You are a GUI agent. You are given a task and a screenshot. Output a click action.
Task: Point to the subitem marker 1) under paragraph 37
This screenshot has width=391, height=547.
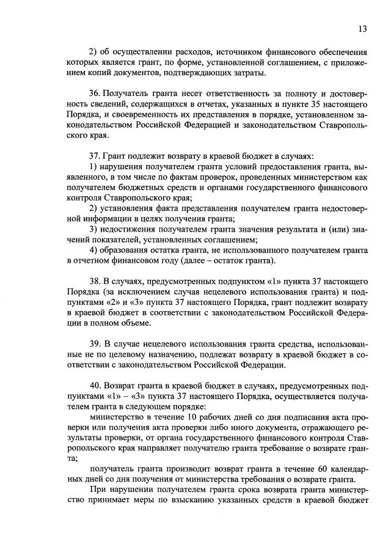coord(94,167)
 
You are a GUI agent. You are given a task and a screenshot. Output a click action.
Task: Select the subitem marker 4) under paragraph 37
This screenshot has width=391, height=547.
coord(94,251)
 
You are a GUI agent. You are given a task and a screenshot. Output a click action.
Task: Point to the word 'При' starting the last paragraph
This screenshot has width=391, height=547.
coord(97,490)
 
